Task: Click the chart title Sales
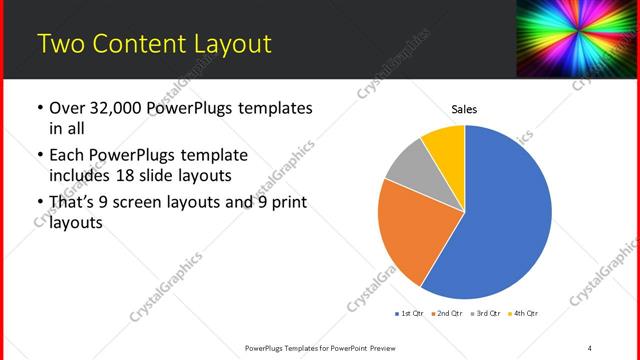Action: click(x=464, y=108)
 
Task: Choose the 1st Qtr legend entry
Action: click(x=412, y=314)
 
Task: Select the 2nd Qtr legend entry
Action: click(x=449, y=314)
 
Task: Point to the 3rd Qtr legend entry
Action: click(x=487, y=314)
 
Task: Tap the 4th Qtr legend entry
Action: click(x=524, y=314)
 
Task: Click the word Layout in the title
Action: click(x=231, y=43)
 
